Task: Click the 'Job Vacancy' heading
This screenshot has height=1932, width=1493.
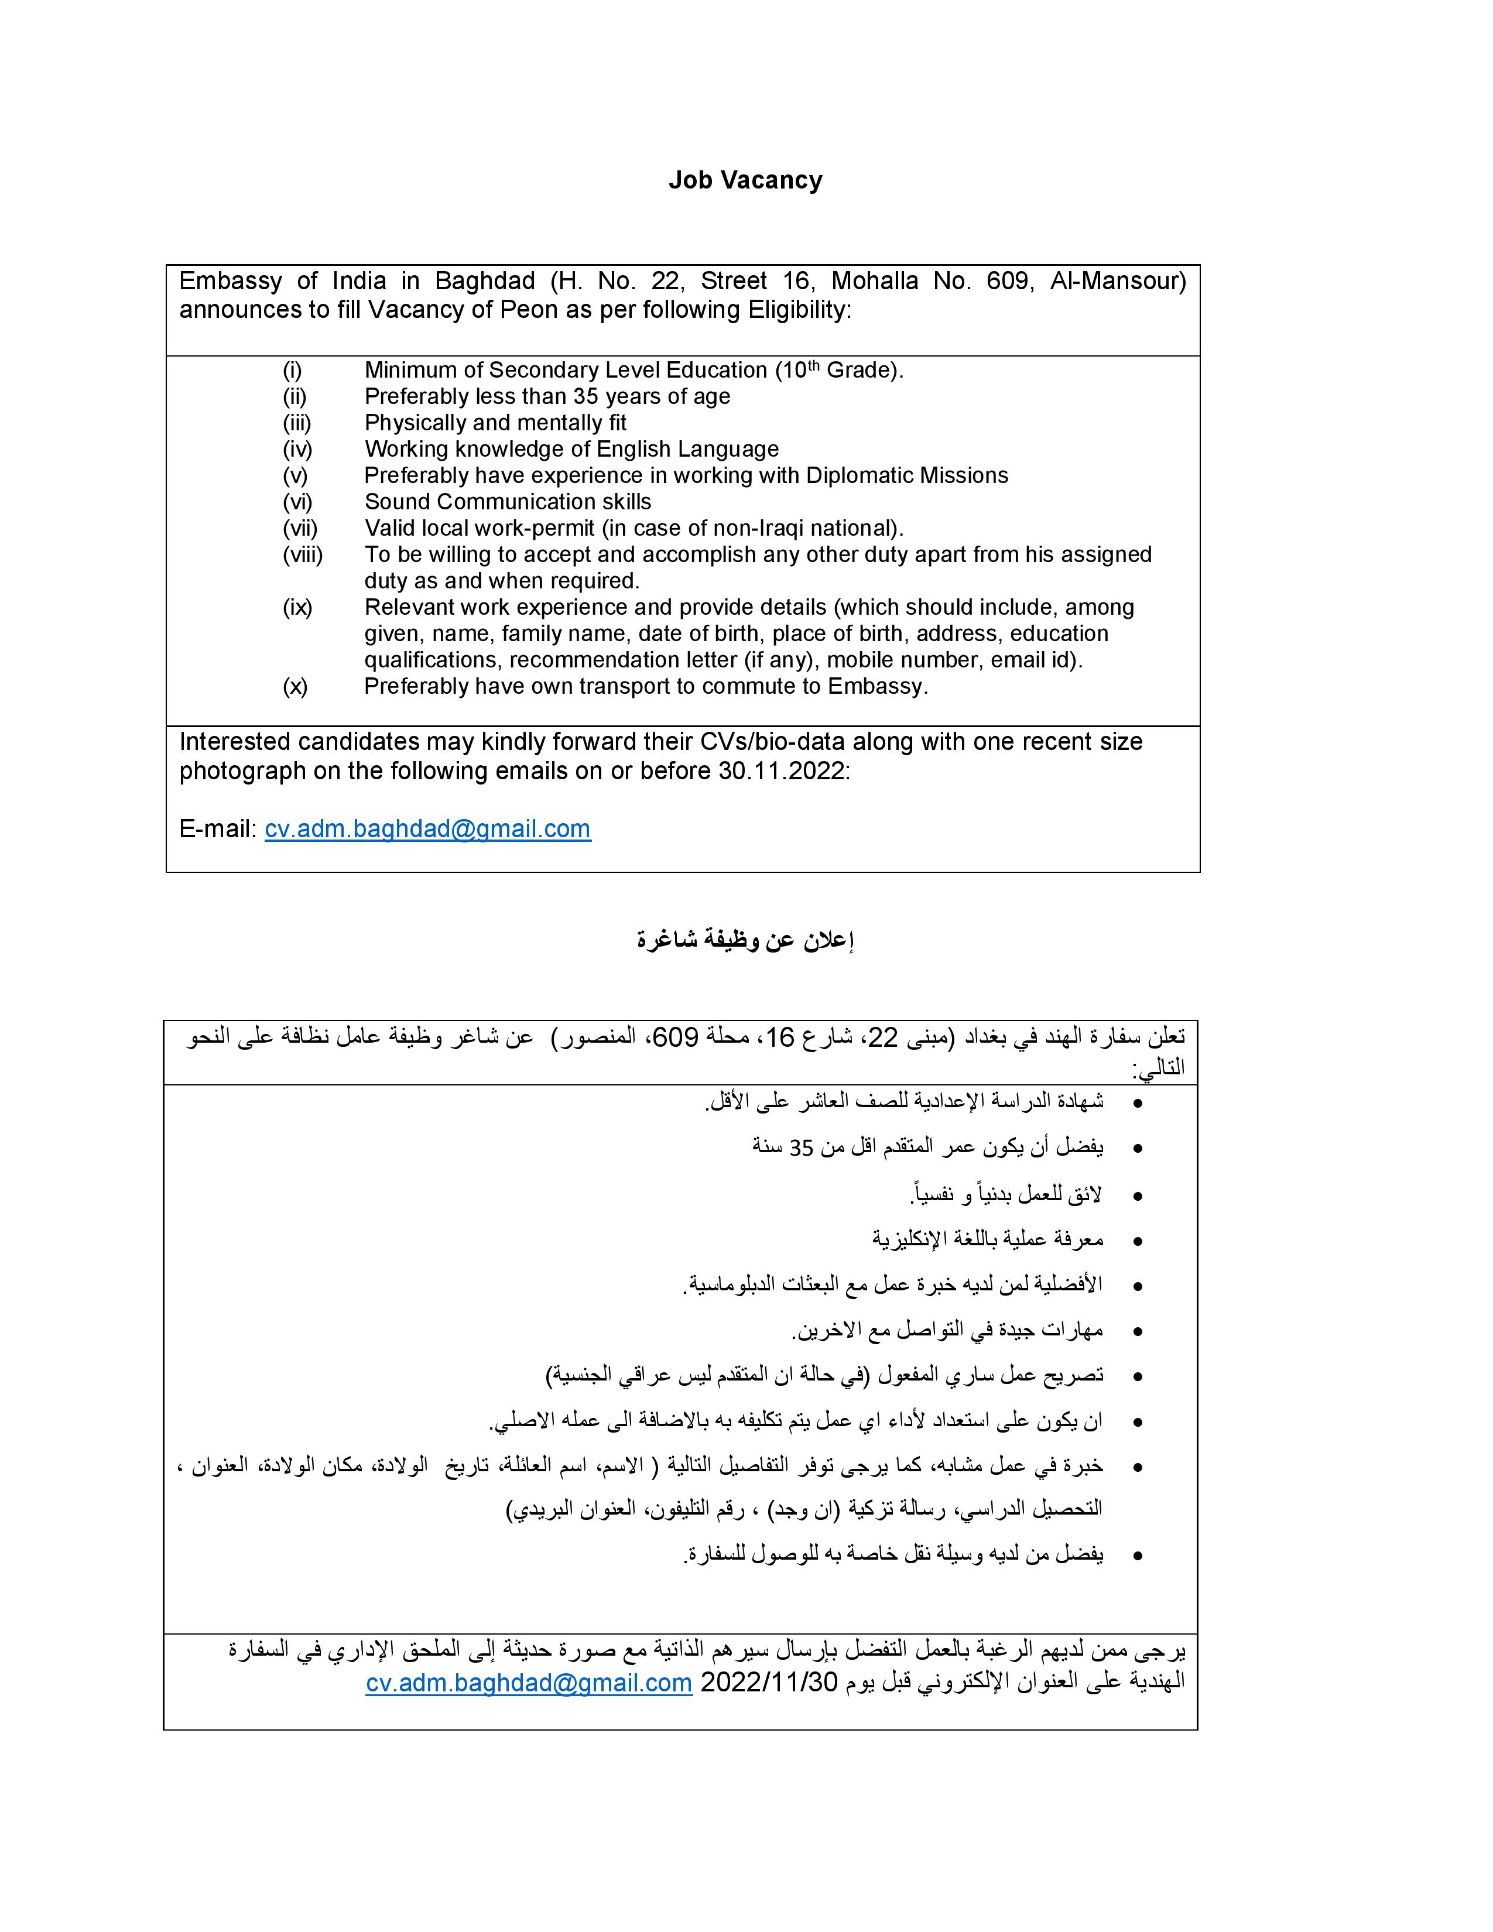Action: [745, 180]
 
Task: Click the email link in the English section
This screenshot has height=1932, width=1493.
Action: [427, 829]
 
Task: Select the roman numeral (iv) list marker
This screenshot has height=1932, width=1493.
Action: [297, 450]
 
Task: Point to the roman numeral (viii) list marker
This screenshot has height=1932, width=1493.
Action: [303, 554]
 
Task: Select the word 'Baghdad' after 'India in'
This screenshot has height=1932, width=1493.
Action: [485, 281]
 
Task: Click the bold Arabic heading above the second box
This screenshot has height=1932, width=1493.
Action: [745, 940]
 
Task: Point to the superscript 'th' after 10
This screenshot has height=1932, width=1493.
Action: [814, 365]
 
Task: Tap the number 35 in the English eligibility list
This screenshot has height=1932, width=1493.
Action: [585, 396]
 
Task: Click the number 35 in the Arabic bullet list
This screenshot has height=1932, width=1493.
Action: [802, 1148]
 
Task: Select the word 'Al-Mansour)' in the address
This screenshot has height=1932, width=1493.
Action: [1118, 281]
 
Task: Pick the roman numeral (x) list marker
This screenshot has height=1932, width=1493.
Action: [296, 687]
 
